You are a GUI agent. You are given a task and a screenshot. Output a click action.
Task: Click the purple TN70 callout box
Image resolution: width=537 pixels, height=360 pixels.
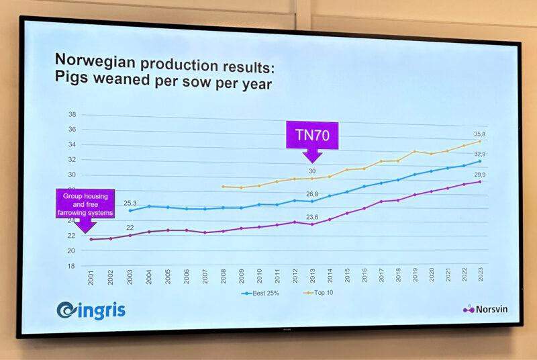312,135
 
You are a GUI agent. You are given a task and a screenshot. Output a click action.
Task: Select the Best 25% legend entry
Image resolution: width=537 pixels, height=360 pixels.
260,293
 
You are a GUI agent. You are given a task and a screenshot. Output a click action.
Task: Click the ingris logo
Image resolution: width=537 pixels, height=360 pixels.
91,310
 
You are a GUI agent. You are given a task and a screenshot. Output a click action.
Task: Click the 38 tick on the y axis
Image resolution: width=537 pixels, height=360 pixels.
71,114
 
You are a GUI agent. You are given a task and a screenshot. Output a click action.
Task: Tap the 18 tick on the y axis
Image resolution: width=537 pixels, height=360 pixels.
71,266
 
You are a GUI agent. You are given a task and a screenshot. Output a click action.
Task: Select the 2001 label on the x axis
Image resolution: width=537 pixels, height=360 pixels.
91,278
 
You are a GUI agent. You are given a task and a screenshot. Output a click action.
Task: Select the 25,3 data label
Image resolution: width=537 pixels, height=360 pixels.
130,202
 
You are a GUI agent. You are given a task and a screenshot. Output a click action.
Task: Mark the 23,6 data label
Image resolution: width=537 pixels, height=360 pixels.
312,217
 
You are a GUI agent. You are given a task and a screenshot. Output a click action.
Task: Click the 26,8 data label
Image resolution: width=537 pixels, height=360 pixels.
311,194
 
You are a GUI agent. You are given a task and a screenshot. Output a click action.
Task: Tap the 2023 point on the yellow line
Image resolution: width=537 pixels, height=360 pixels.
479,141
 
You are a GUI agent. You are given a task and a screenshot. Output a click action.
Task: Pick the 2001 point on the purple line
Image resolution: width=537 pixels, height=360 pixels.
91,239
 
